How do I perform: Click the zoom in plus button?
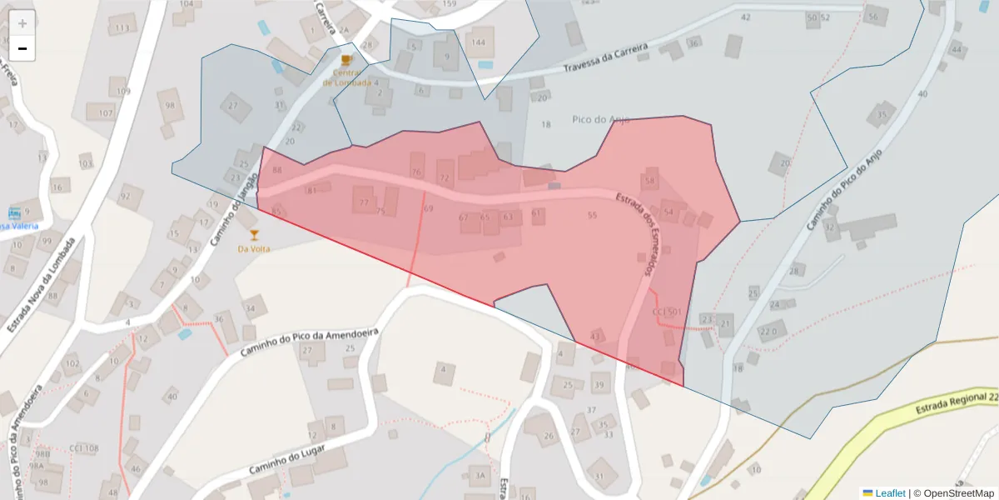(22, 23)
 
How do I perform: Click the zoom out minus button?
(22, 48)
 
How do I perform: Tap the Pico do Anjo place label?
(600, 119)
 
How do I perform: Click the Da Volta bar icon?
(255, 235)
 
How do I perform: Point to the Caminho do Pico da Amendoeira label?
(310, 342)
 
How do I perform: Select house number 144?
(478, 42)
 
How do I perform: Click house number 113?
(122, 28)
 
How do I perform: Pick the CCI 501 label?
(667, 312)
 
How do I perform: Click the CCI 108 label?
(83, 448)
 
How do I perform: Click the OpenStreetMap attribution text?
(954, 493)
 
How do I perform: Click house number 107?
(106, 112)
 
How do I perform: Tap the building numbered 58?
(650, 180)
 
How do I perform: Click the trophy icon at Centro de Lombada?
(346, 60)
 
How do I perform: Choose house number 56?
(872, 17)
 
